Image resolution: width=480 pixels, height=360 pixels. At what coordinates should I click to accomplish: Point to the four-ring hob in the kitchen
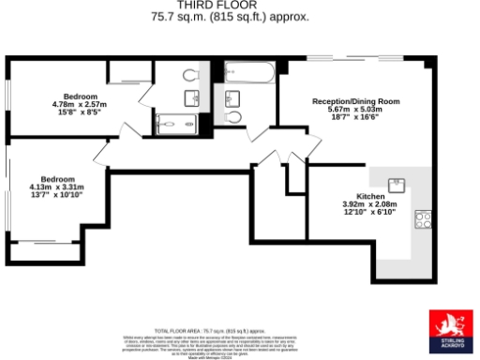(424, 220)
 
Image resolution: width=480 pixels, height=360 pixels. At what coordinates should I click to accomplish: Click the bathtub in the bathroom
(249, 73)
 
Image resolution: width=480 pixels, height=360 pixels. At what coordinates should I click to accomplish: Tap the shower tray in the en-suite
(175, 121)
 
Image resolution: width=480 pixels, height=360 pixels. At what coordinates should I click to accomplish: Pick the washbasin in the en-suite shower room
(194, 97)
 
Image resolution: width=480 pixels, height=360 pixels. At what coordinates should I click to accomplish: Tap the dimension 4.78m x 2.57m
(82, 105)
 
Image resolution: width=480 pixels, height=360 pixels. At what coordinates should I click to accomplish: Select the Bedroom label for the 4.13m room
(58, 179)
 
